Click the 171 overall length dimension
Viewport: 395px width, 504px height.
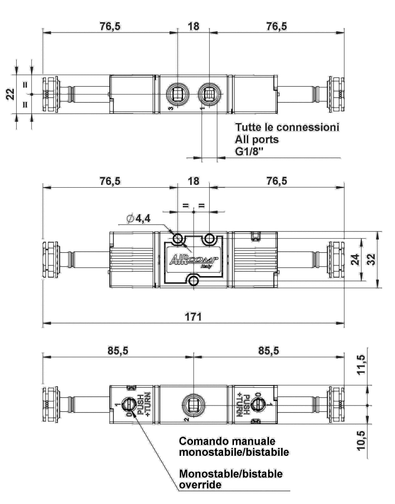click(193, 317)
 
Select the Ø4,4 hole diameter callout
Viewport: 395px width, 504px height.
click(138, 219)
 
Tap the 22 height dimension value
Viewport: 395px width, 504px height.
click(10, 94)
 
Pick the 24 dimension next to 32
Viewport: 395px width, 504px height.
click(355, 260)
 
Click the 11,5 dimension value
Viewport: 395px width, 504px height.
click(361, 364)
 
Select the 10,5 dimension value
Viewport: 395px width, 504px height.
click(361, 441)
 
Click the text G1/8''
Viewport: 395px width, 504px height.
click(249, 152)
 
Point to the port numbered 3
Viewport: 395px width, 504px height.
click(178, 94)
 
